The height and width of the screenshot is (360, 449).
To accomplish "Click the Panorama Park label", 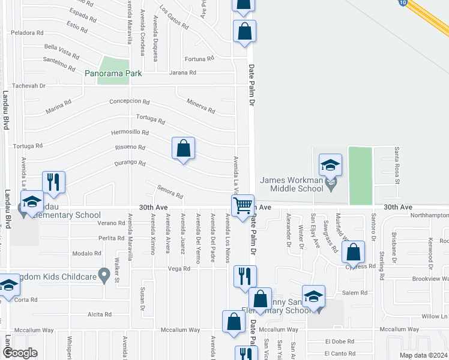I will [x=113, y=73].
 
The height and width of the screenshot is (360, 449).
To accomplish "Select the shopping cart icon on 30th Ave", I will [x=243, y=205].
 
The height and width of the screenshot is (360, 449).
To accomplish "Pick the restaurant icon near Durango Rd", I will [x=53, y=182].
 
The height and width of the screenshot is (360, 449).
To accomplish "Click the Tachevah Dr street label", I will [x=27, y=85].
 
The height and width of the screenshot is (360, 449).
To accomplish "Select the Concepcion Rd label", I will [x=129, y=101].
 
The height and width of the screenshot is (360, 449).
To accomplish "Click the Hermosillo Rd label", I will [x=130, y=132].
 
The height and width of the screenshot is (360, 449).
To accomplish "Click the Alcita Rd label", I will [x=100, y=314].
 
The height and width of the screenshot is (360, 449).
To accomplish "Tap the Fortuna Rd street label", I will [x=199, y=59].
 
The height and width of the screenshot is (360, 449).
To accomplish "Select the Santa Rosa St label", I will [x=396, y=164].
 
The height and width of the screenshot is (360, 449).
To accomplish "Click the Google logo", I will [x=20, y=353].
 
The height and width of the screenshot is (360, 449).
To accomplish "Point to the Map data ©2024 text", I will [x=423, y=355].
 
